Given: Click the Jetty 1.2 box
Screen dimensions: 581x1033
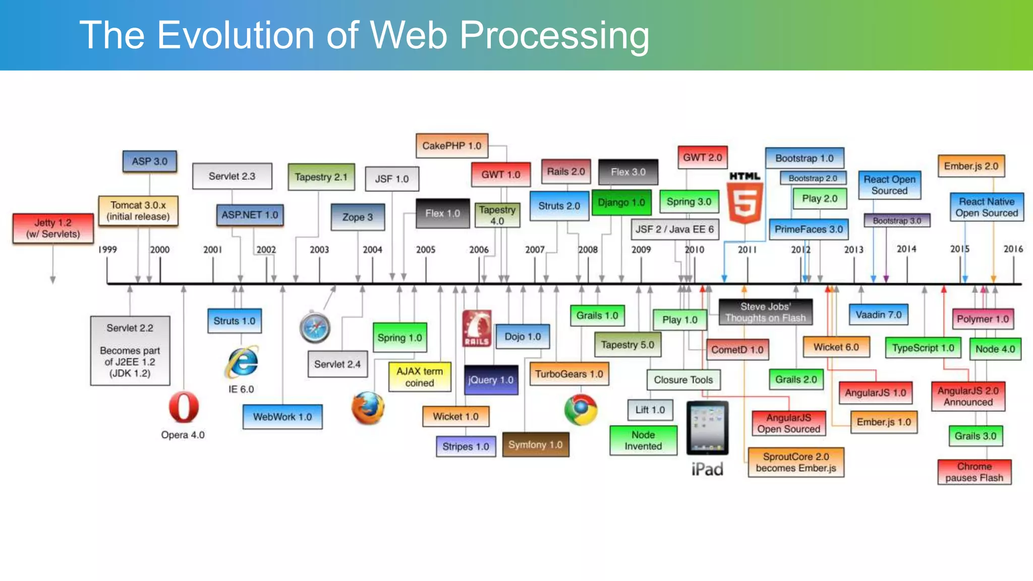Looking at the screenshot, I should pos(53,228).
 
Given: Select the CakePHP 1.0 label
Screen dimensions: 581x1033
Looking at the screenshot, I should pos(452,146).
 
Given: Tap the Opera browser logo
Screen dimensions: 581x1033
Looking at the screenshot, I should pos(184,407).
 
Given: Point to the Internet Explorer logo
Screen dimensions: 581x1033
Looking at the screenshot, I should pos(243,362).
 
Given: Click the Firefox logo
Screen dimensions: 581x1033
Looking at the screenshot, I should pos(368,408).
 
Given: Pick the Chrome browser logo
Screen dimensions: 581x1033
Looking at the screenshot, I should pos(581,410).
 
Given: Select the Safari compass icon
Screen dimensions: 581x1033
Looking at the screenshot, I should pos(315,328).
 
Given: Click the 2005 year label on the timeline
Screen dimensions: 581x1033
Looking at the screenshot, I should pos(425,250).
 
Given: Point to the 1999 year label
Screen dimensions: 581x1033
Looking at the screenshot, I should pos(107,250).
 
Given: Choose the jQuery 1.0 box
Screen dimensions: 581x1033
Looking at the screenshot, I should pos(491,380).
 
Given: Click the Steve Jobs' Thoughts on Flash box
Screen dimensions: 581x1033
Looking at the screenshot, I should pos(765,312).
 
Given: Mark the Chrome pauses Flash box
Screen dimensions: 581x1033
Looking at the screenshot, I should pos(974,472).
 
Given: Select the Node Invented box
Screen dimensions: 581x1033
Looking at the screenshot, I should pos(643,440).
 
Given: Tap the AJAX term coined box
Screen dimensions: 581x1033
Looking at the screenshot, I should pos(420,377).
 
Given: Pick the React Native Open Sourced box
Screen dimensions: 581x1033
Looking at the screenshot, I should pos(987,207).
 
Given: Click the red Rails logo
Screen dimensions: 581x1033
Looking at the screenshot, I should pos(477,328).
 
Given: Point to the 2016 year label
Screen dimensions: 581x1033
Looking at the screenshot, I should pos(1013,249).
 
